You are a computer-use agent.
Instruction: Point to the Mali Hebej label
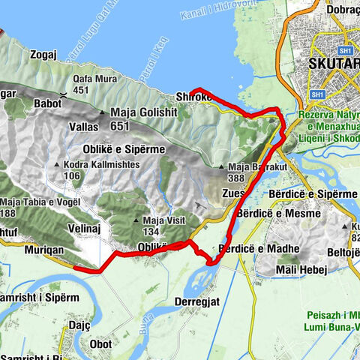pyautogui.click(x=301, y=269)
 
